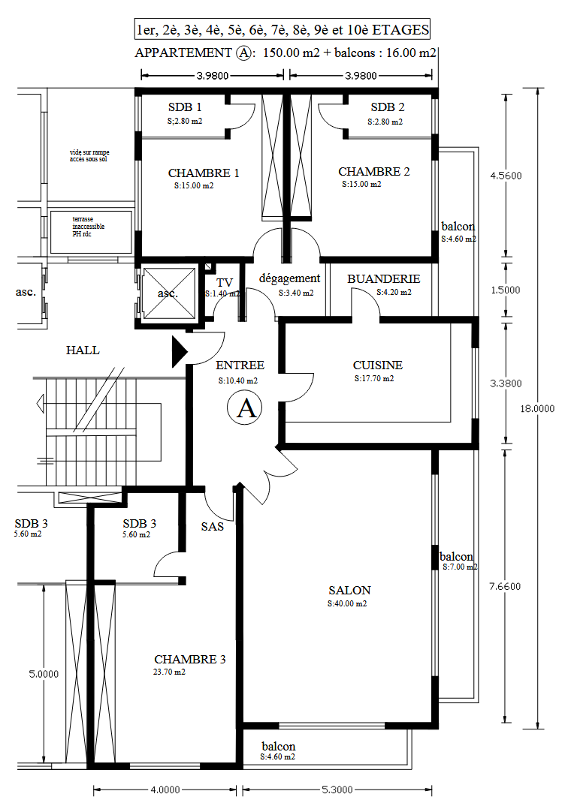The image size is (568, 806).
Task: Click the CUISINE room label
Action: click(x=378, y=365)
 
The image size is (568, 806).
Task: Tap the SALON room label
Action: click(x=350, y=591)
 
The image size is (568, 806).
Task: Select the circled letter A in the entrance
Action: click(x=245, y=408)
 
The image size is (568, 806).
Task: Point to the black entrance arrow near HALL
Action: click(x=179, y=352)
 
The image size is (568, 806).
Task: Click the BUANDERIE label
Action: click(x=384, y=279)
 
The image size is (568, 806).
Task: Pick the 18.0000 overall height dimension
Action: click(x=537, y=409)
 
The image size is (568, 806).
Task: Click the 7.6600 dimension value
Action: click(x=505, y=587)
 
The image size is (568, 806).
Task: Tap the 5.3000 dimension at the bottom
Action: click(x=337, y=789)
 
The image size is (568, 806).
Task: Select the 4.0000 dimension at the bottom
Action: click(x=165, y=789)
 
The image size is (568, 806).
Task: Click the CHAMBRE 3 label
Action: click(x=190, y=660)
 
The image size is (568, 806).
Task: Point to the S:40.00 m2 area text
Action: click(x=347, y=604)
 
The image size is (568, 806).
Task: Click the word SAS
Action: click(x=213, y=527)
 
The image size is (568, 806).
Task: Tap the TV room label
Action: click(x=225, y=283)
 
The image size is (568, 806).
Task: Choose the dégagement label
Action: click(x=290, y=278)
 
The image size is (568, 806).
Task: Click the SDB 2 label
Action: click(x=388, y=107)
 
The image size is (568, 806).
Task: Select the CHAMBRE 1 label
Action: click(x=204, y=173)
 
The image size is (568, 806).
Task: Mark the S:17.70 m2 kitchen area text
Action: click(x=374, y=379)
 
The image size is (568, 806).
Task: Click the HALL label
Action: click(x=83, y=350)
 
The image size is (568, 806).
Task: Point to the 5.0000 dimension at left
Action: click(x=44, y=674)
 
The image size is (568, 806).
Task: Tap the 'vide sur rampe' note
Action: click(x=89, y=156)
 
